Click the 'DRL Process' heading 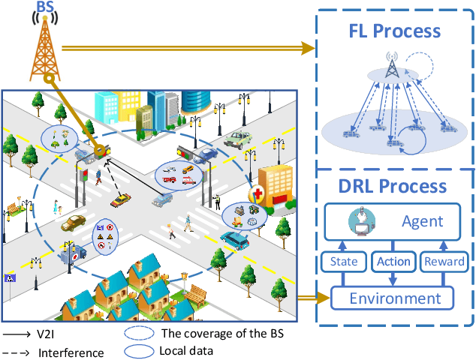[394, 187]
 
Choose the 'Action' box [394, 262]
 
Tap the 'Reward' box [444, 262]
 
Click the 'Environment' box [395, 298]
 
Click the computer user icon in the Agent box [361, 221]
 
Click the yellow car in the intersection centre [120, 201]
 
